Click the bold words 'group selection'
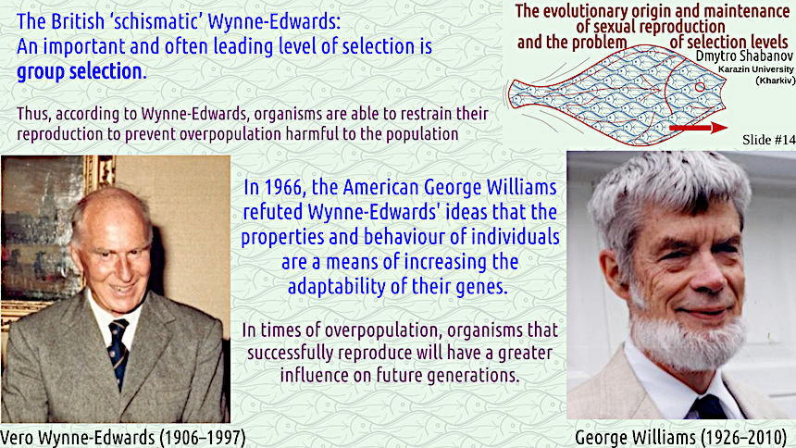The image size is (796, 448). [80, 71]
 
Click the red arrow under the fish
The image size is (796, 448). [699, 128]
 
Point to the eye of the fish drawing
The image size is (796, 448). [700, 87]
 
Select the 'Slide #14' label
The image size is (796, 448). [768, 140]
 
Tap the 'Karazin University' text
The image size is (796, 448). [756, 69]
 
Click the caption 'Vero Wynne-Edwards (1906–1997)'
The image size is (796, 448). [123, 437]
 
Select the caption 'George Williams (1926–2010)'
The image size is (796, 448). [680, 437]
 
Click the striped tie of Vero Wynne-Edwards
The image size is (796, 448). [118, 351]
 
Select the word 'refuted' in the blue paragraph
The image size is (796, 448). [273, 212]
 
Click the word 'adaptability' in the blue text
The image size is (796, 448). [336, 287]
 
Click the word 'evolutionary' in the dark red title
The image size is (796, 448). [590, 11]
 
